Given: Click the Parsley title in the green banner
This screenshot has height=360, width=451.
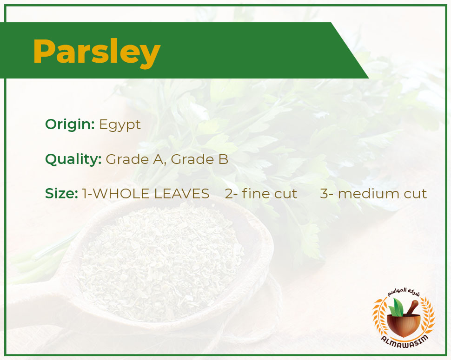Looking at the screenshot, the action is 97,52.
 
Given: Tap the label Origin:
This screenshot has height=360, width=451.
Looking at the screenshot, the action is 70,124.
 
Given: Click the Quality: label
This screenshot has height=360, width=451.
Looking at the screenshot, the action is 73,159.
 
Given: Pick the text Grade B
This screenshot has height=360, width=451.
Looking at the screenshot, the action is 199,159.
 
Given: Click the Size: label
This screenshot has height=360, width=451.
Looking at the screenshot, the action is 61,194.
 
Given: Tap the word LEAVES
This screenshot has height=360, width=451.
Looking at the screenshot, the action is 182,194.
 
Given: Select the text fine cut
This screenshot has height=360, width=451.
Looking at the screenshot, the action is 270,193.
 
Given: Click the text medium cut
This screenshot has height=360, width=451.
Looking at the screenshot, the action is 382,194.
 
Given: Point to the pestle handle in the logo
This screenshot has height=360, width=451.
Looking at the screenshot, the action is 412,307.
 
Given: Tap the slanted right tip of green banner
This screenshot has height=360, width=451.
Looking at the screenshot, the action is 368,78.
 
